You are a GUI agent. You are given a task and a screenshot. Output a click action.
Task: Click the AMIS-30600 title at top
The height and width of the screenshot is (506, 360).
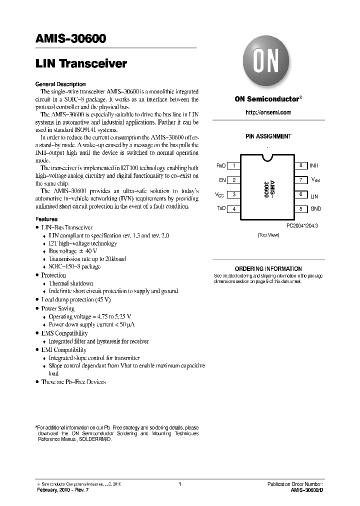coord(70,39)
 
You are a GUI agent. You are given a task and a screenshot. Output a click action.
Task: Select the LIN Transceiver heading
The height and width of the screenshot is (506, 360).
coord(81,64)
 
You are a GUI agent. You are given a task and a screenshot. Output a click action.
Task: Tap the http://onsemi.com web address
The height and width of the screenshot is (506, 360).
coord(268,112)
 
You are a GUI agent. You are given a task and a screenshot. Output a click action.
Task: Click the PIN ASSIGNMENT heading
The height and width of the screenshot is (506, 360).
coord(268,136)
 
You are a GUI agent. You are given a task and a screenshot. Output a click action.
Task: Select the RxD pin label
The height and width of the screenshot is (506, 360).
coord(220,165)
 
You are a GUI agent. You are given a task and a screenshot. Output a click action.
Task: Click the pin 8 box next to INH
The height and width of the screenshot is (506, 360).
coord(300,165)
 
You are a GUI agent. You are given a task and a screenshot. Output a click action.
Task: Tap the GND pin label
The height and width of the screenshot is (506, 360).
coord(316,209)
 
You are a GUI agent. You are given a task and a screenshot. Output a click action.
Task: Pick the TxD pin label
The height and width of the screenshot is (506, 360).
coord(220,209)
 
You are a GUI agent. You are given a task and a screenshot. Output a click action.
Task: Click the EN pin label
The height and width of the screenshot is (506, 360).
coord(222,180)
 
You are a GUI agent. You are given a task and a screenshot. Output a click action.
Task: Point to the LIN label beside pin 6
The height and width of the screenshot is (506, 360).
coord(314,197)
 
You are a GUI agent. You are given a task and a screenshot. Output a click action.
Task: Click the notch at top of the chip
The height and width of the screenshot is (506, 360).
coord(268,158)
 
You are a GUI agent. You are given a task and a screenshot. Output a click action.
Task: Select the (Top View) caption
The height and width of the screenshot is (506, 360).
coord(268,235)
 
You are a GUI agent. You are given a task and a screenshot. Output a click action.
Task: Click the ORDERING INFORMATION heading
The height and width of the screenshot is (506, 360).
coord(268,269)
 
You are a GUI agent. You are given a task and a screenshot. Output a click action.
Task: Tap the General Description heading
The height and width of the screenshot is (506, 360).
coord(60,84)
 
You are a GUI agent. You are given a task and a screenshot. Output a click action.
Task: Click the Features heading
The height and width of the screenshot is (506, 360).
coord(46,219)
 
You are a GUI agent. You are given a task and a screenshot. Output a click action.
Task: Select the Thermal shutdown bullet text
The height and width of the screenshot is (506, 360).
coord(70,283)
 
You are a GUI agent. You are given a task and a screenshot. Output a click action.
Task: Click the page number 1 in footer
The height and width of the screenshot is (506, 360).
coord(179,484)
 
